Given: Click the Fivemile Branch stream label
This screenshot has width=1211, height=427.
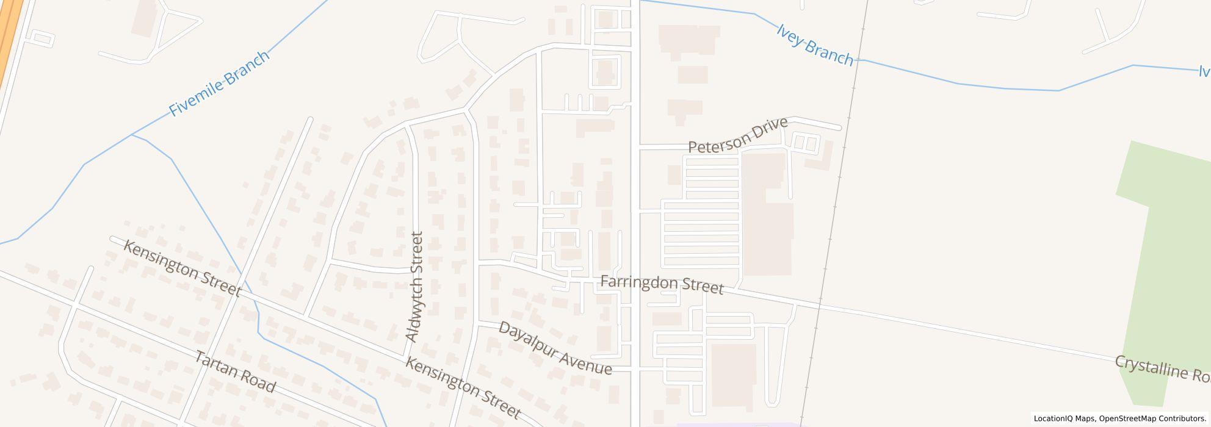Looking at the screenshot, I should point(219,84).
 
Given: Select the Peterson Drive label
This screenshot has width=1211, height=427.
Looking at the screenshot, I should point(737,136).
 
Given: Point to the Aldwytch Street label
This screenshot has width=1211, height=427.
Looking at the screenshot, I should point(414,287).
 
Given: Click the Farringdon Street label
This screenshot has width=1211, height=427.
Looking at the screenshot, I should point(662,285).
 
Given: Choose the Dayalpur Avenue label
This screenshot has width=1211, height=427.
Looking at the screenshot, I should point(555,348).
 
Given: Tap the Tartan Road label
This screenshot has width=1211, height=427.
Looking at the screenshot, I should point(235,371).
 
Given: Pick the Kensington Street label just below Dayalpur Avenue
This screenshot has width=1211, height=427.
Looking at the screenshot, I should point(463,389).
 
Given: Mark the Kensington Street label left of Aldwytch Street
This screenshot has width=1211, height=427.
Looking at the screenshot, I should point(182,268).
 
